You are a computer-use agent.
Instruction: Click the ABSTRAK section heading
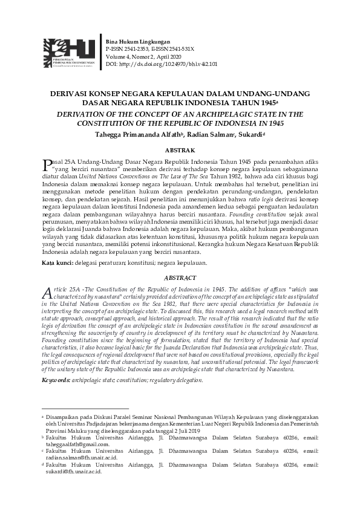(x=180, y=149)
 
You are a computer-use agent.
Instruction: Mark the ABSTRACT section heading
(x=180, y=278)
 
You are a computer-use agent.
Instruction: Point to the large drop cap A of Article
(x=47, y=293)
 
